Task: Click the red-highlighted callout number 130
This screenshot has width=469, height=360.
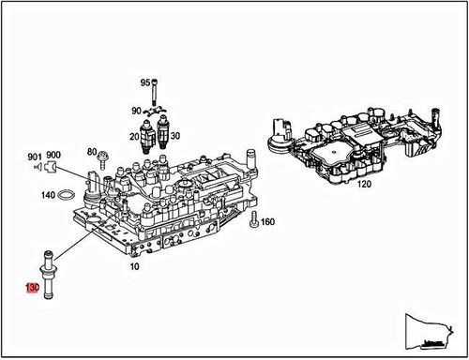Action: click(31, 288)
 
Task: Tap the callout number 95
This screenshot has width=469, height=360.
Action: click(145, 82)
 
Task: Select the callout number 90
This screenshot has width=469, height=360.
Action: click(136, 111)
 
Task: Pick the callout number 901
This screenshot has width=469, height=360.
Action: click(35, 156)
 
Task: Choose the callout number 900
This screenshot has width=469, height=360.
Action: click(53, 156)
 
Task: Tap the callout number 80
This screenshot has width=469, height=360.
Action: click(91, 151)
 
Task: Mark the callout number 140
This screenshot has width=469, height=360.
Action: click(46, 196)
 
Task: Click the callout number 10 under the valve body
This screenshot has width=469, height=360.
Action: click(134, 266)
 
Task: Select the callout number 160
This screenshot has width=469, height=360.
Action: click(267, 222)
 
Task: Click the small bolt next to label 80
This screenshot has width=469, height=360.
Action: click(105, 155)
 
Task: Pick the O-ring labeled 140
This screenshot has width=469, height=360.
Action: click(66, 196)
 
